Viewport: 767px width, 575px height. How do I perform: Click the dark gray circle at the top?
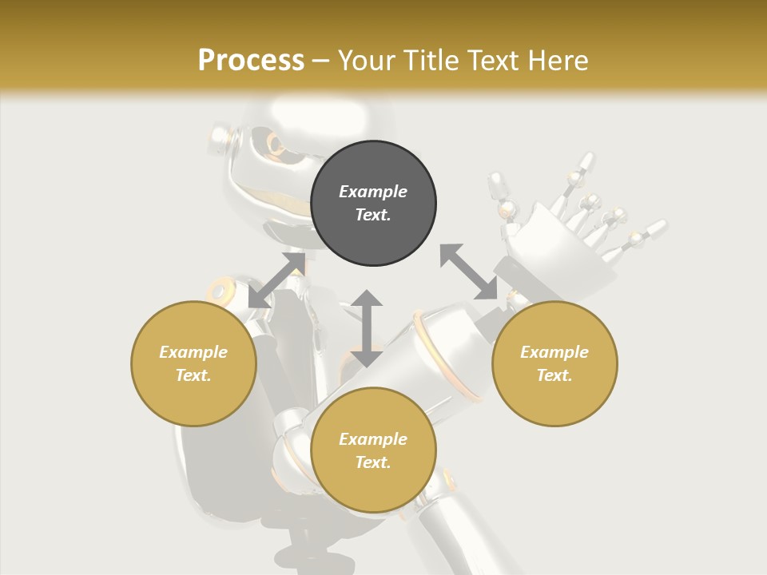[373, 204]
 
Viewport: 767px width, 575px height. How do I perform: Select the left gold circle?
[193, 363]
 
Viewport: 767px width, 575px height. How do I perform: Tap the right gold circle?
[554, 363]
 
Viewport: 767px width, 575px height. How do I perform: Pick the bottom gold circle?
[373, 450]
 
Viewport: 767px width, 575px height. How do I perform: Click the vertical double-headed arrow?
[366, 328]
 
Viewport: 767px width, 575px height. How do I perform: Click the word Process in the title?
[251, 60]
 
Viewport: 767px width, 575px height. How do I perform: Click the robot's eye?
[276, 145]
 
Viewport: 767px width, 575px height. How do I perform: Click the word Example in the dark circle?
[373, 192]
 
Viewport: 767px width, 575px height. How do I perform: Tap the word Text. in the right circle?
[554, 375]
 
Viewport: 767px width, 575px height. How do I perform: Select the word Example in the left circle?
[193, 352]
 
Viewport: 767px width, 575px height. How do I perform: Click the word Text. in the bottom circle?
[373, 462]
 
